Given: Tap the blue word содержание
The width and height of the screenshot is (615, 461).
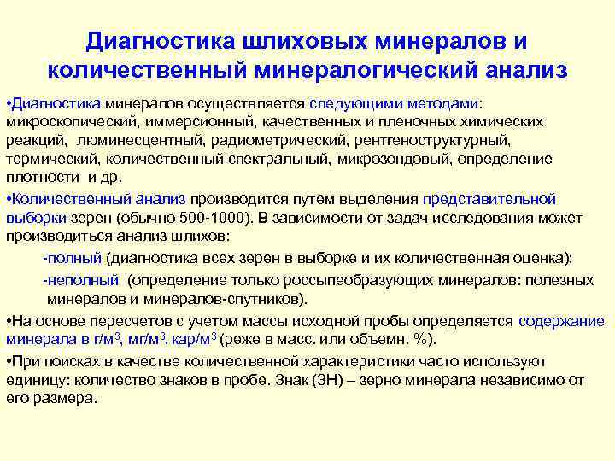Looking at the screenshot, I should [x=560, y=322].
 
